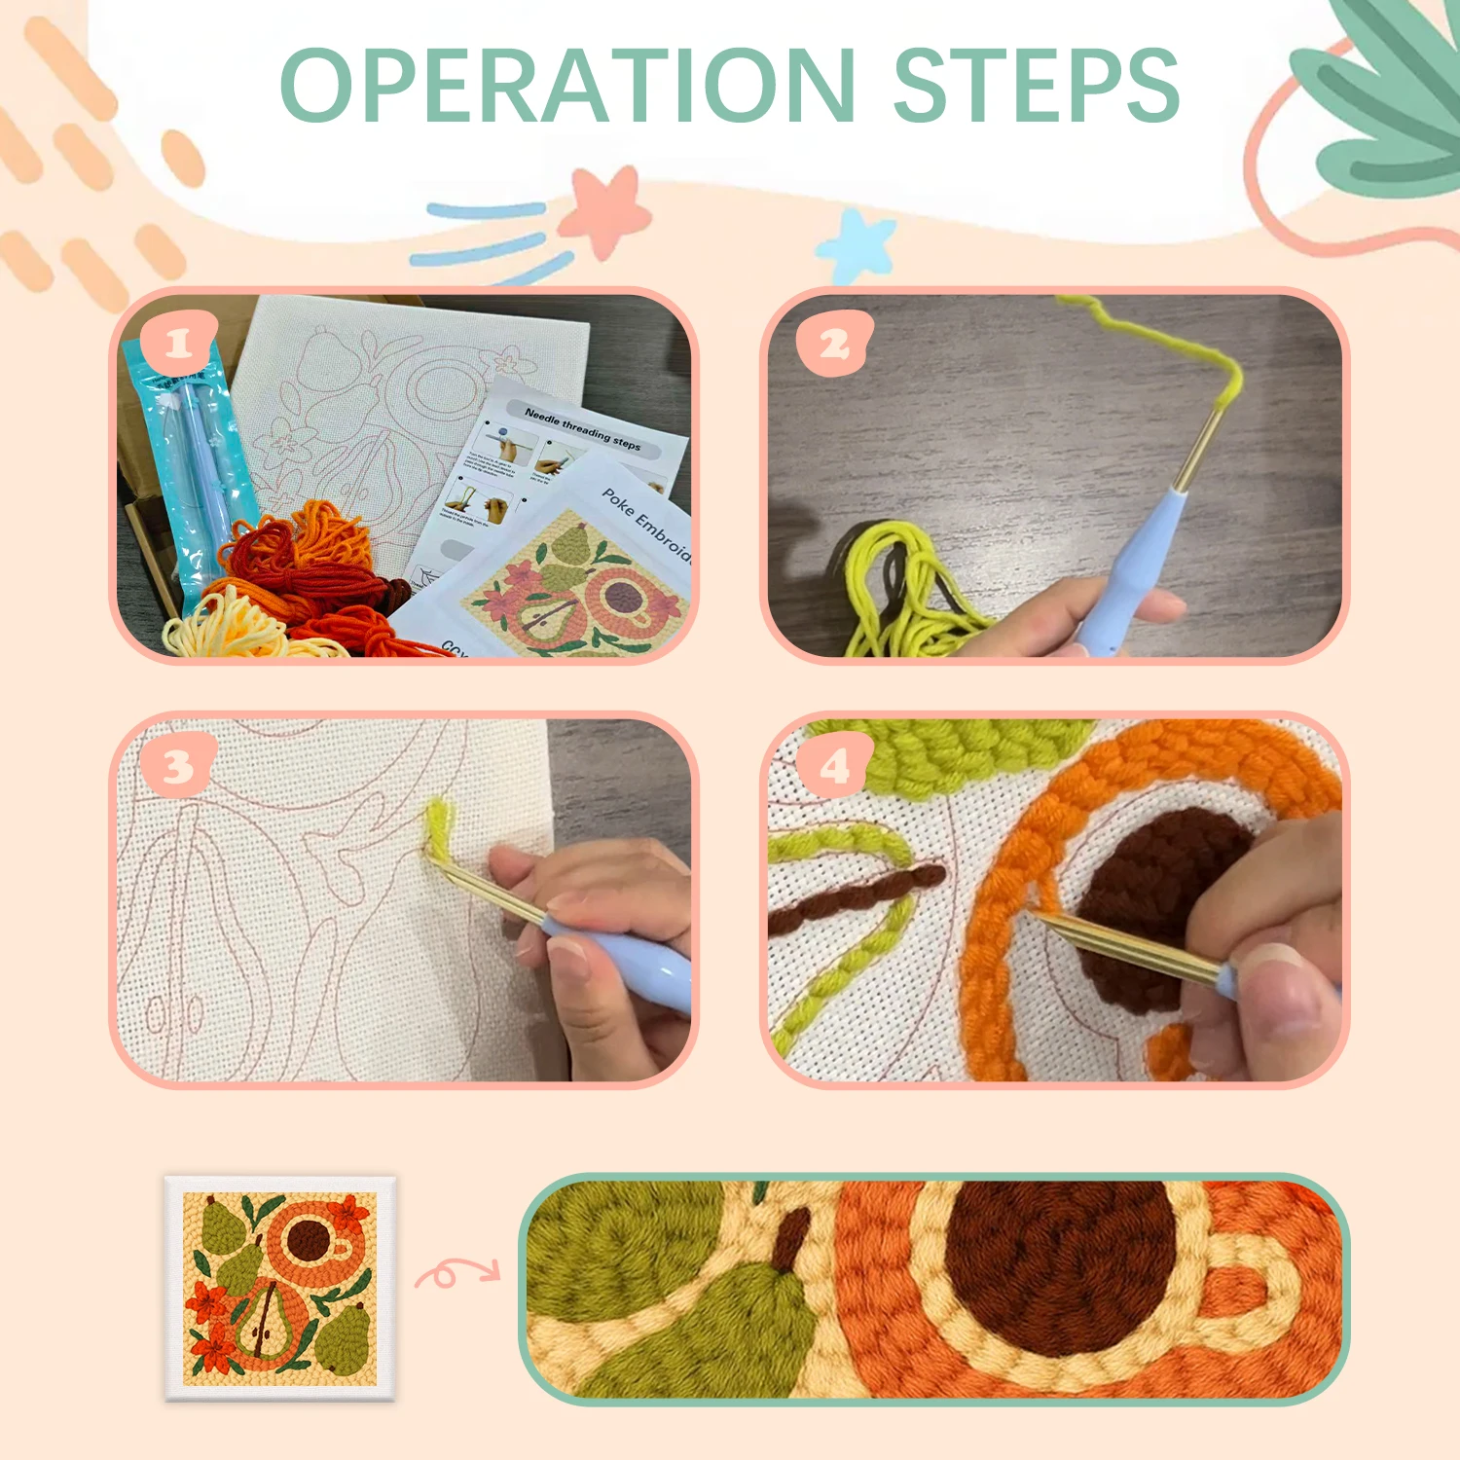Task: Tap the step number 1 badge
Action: click(x=177, y=344)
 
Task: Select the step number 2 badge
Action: click(x=834, y=344)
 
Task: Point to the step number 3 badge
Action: click(x=177, y=767)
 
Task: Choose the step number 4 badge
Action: click(x=834, y=767)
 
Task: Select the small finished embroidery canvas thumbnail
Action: click(x=279, y=1288)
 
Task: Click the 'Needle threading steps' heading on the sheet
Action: click(x=582, y=428)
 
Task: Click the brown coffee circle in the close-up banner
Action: click(x=1061, y=1265)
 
